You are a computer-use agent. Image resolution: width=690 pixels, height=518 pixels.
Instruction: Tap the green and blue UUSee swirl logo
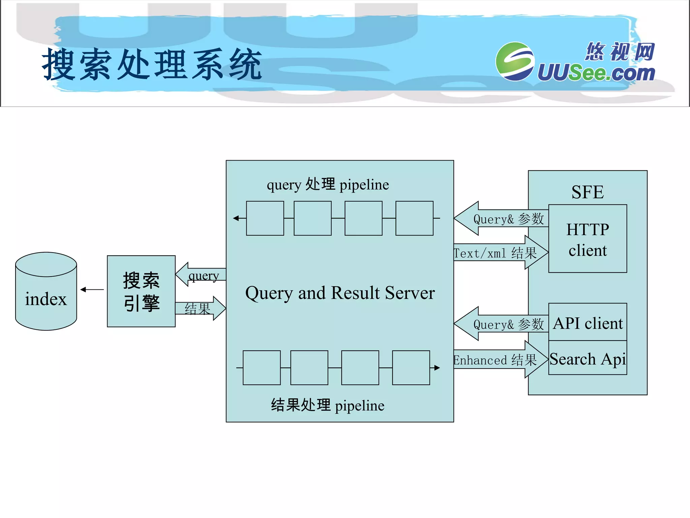coord(514,61)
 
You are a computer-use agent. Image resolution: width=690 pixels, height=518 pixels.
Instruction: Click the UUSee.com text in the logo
coord(596,73)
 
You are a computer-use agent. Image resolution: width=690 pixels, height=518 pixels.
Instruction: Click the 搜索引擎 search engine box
coord(141,291)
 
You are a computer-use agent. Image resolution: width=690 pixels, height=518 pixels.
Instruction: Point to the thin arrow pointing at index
coord(92,289)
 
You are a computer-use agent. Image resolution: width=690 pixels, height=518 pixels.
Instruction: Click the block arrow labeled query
coord(201,275)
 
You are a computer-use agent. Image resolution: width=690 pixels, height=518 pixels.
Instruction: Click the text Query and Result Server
coord(340,293)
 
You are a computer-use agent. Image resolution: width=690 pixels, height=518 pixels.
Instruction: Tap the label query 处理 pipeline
coord(327,185)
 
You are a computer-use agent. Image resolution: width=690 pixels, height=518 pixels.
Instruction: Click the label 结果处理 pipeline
coord(327,405)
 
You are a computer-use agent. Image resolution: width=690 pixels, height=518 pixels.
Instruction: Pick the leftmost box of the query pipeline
coord(265,218)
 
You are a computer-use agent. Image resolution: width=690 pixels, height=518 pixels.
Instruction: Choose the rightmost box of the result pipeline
coord(411,368)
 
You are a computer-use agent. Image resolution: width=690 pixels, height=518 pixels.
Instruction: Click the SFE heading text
coord(587,192)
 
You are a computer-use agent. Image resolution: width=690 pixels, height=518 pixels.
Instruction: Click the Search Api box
coord(587,358)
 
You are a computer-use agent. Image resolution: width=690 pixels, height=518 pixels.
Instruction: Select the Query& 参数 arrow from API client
coord(502,324)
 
